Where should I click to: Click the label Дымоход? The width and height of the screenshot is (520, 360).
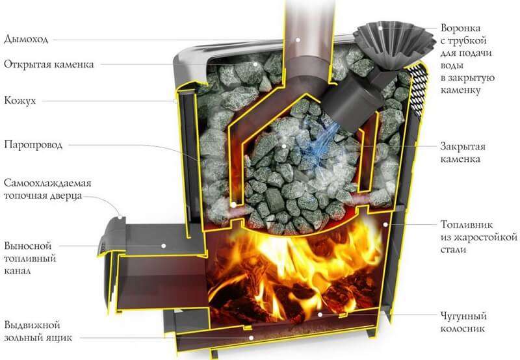[26, 39]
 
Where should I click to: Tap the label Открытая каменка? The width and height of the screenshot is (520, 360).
[49, 64]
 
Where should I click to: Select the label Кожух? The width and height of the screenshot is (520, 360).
[20, 101]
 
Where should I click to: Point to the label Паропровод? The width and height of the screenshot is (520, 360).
[33, 145]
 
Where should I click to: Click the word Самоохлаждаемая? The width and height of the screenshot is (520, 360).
[47, 183]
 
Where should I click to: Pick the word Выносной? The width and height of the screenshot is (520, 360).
[28, 246]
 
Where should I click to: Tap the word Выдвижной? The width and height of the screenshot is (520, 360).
[32, 325]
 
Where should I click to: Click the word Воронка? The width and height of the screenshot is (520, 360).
[460, 28]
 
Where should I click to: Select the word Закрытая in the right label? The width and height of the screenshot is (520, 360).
[463, 146]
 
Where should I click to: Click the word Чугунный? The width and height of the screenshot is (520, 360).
[463, 316]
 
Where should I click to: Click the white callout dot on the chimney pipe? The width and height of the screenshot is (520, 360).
[298, 40]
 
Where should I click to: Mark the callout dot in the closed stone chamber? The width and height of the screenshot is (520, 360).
[284, 146]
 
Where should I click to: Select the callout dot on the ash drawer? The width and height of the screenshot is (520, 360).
[252, 338]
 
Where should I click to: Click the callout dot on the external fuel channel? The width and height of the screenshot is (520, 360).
[164, 246]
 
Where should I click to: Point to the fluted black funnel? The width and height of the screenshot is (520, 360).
[393, 46]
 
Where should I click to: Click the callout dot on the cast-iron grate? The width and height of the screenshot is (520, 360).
[320, 315]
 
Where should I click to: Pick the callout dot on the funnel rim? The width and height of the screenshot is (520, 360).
[381, 28]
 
